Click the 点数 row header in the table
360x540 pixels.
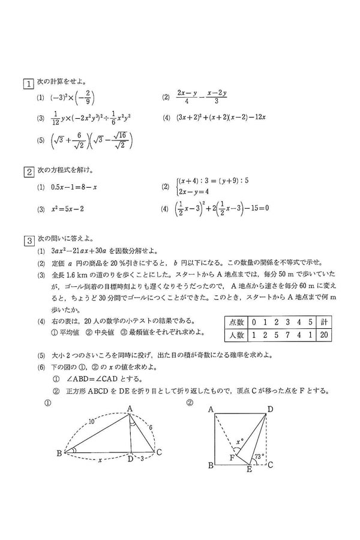(x=233, y=321)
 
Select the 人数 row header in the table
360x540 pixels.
(x=233, y=334)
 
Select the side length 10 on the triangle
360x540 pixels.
(x=91, y=422)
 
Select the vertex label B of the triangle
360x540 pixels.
(x=59, y=453)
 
